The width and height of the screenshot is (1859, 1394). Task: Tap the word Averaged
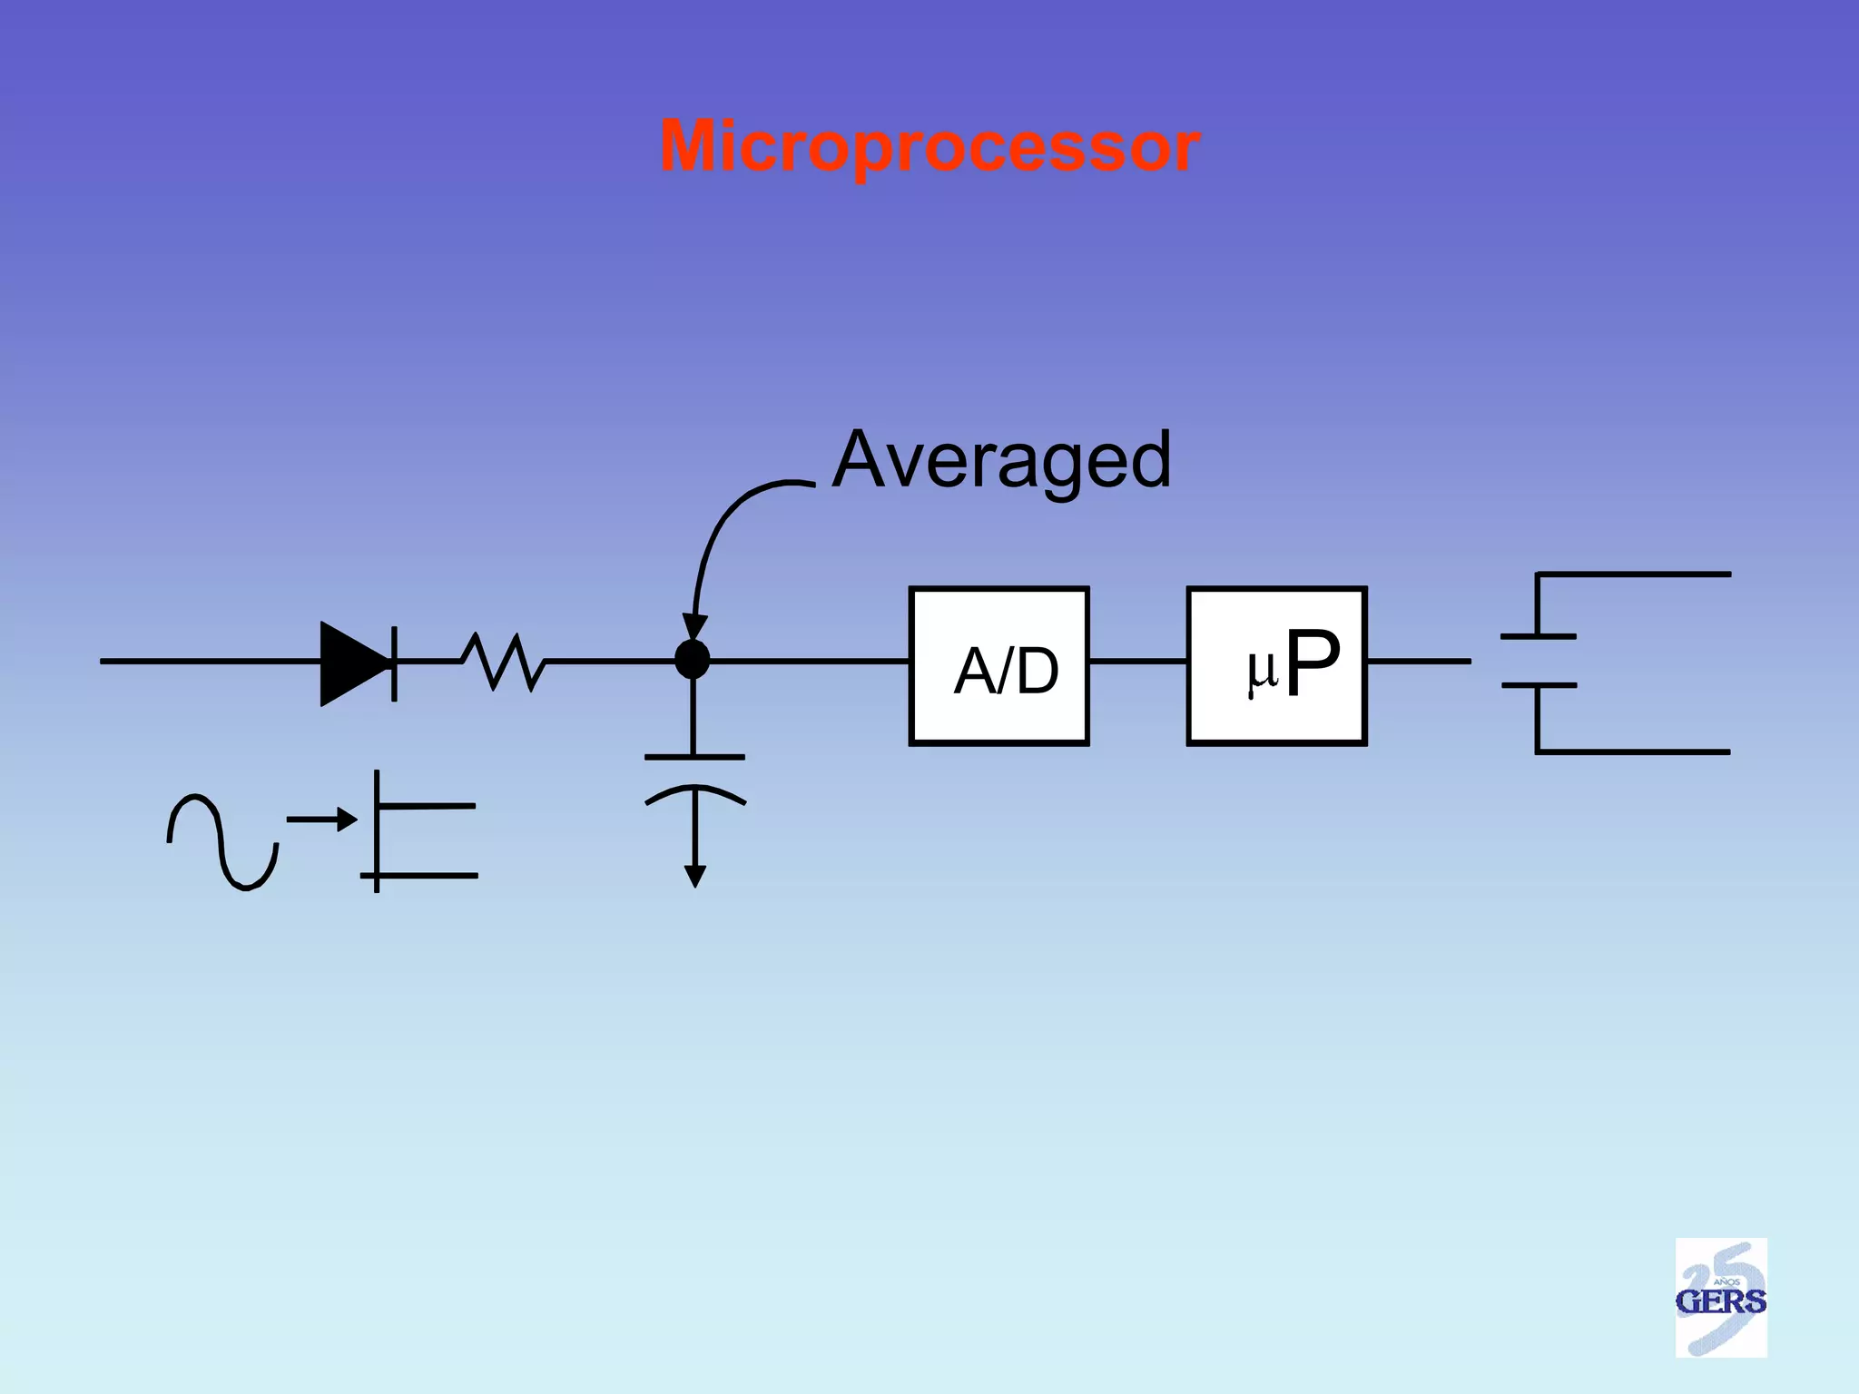[1001, 461]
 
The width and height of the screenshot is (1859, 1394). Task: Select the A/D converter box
[999, 666]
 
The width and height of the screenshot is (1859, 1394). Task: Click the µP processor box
[1277, 666]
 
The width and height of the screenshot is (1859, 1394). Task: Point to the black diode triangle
[352, 663]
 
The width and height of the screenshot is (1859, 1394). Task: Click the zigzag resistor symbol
[503, 662]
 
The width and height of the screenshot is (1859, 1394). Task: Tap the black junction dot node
[693, 660]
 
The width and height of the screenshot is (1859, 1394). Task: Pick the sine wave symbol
[222, 841]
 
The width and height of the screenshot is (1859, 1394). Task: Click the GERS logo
[1721, 1297]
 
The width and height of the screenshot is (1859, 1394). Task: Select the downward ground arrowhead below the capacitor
[695, 877]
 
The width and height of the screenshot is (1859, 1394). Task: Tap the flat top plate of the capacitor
[694, 756]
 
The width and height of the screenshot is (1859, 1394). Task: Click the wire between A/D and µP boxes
[1138, 662]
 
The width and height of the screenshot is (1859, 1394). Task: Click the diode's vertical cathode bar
[394, 663]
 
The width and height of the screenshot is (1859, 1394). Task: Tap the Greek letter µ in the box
[1262, 671]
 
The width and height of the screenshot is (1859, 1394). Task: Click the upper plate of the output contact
[1539, 636]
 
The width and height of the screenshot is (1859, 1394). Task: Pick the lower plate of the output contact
[1539, 685]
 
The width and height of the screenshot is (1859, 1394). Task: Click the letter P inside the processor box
[1313, 663]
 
